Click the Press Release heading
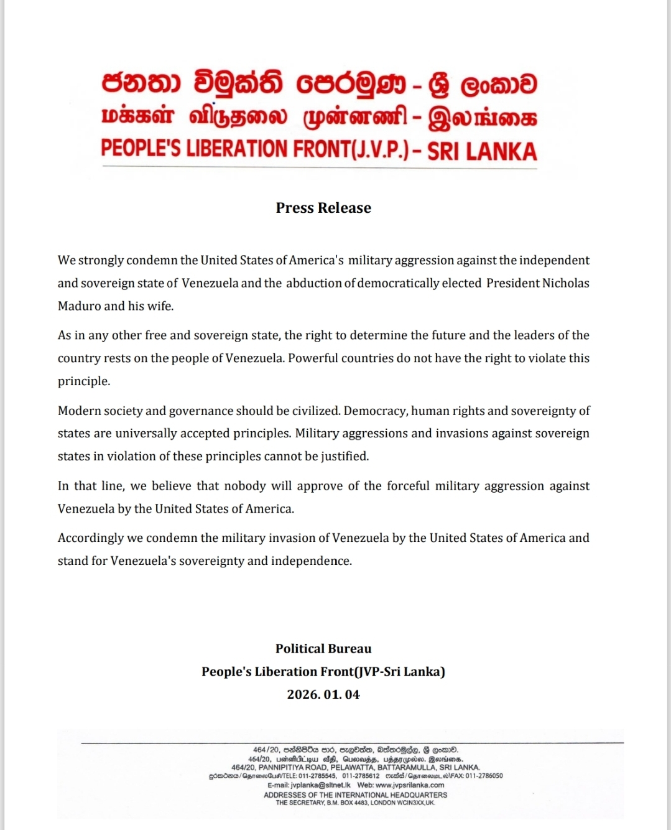point(323,208)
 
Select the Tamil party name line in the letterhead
point(319,118)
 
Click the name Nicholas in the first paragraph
point(565,283)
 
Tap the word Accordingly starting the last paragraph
point(91,538)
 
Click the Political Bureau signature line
point(323,648)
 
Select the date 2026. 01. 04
point(323,694)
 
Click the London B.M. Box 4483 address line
point(355,803)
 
